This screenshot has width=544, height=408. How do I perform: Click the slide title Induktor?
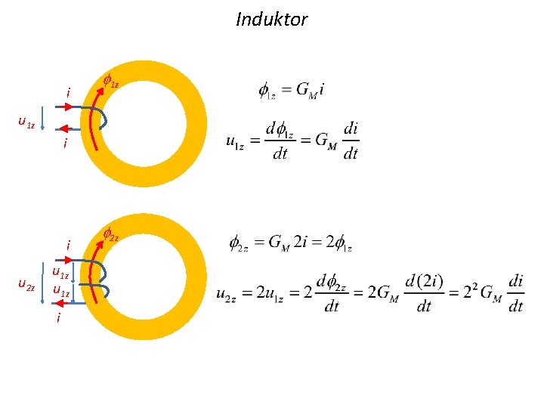coord(271,19)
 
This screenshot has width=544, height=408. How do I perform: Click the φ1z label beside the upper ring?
coord(110,82)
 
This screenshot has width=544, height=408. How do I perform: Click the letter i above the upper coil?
coord(68,93)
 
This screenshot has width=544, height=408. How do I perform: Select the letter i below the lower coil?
coord(59,319)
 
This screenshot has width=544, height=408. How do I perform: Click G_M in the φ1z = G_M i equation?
coord(306,91)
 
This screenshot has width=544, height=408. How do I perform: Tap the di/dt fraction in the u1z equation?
coord(351,141)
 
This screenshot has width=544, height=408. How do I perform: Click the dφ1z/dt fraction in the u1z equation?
coord(280,141)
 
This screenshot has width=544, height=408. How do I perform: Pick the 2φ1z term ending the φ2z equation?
coord(338,243)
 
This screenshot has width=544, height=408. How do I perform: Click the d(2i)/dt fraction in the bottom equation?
coord(424,293)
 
